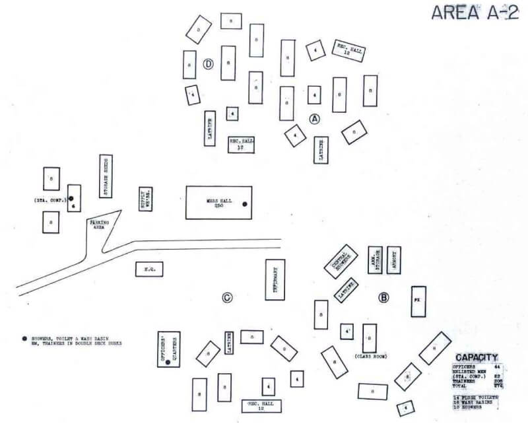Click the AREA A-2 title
click(473, 13)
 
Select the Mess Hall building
click(218, 202)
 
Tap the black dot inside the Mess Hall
click(244, 204)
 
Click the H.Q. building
click(148, 269)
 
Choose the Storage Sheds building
click(106, 176)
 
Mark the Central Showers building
click(341, 262)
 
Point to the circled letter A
click(315, 119)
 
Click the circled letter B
click(383, 297)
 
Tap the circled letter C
click(226, 298)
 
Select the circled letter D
click(208, 65)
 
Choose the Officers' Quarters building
click(169, 349)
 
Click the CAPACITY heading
click(477, 357)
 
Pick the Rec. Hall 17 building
click(241, 144)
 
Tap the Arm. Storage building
click(375, 260)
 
